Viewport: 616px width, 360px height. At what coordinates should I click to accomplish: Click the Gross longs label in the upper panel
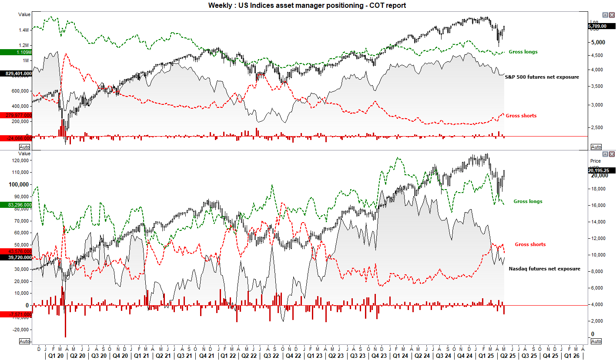tap(523, 52)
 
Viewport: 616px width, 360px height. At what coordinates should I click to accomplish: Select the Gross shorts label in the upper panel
tap(521, 116)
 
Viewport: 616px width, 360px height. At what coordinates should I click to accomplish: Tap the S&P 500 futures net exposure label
tap(542, 77)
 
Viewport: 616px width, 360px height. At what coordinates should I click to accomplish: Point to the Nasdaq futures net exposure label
tap(544, 269)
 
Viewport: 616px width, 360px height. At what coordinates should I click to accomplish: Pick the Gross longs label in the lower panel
tap(528, 201)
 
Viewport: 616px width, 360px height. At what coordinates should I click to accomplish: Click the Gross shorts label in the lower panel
tap(530, 244)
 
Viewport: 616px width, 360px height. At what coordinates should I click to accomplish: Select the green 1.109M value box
tap(16, 52)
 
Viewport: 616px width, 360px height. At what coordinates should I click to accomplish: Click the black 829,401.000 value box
tap(16, 74)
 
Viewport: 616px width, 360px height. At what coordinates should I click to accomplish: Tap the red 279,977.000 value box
tap(16, 115)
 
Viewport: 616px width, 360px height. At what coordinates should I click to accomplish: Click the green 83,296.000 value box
tap(16, 204)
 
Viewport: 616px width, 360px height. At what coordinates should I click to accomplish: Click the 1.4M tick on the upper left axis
tap(23, 30)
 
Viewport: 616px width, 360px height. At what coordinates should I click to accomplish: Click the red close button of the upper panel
tap(612, 14)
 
